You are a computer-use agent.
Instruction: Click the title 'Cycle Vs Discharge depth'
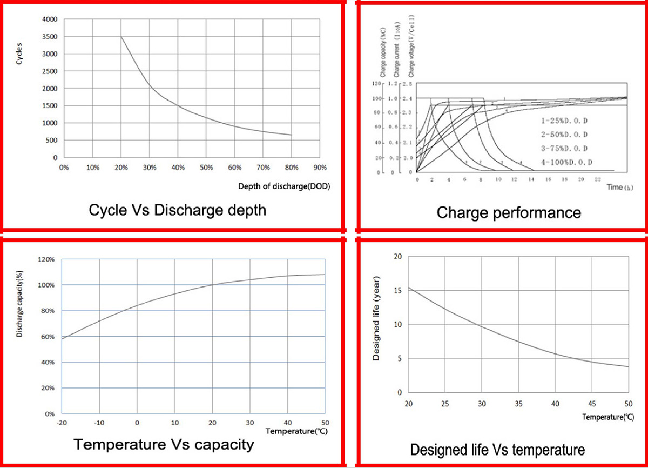click(177, 210)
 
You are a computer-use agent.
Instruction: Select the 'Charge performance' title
click(509, 212)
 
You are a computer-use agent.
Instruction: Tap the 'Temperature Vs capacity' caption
click(164, 445)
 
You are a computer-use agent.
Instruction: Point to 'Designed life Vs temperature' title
click(497, 449)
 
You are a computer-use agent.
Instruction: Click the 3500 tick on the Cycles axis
click(50, 37)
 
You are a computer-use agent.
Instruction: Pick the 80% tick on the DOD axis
click(292, 168)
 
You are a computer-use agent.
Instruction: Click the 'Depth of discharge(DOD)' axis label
click(283, 186)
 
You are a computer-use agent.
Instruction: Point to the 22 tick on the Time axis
click(598, 178)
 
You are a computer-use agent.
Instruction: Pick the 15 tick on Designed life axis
click(398, 291)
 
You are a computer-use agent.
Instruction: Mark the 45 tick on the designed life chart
click(592, 403)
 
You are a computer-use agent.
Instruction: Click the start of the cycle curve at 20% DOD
click(121, 37)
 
